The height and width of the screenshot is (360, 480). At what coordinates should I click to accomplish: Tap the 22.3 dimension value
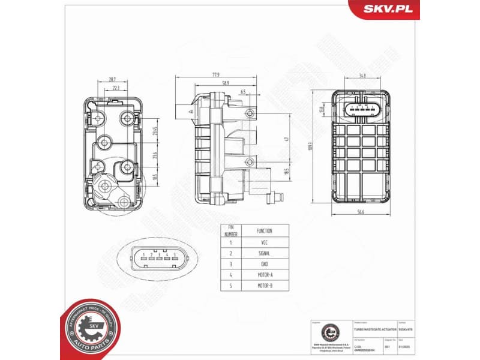click(116, 88)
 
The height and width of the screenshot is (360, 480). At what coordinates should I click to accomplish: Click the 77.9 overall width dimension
click(214, 76)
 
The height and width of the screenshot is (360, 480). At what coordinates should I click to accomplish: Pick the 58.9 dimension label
click(226, 83)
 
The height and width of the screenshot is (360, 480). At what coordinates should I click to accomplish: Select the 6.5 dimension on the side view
click(242, 92)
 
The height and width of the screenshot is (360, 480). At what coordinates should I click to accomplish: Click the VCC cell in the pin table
click(264, 242)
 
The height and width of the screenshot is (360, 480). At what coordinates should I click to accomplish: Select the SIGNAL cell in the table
click(264, 253)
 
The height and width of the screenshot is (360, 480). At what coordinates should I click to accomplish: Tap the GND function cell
click(264, 264)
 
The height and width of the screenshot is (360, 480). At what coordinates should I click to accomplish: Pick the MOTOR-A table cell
click(264, 275)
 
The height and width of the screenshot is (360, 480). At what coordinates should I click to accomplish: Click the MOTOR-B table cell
click(264, 286)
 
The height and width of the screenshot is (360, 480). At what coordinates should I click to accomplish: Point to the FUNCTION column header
click(264, 230)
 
